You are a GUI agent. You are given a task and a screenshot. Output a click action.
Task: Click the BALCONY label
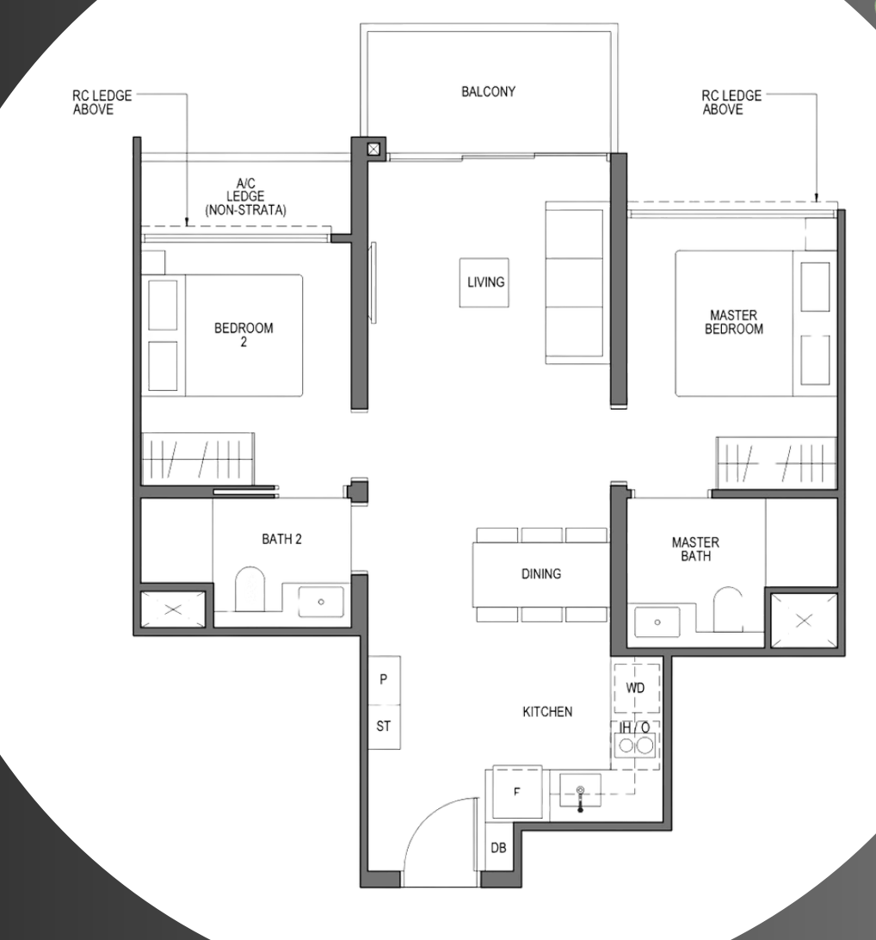(x=488, y=92)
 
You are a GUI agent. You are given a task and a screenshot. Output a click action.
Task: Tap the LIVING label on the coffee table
(x=485, y=282)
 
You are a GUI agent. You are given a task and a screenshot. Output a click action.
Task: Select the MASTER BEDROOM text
(x=733, y=322)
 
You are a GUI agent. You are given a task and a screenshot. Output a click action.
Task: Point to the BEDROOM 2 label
(x=244, y=335)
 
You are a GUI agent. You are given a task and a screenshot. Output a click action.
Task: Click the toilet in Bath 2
(x=250, y=589)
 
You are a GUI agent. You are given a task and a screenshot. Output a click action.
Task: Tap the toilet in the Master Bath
(x=727, y=609)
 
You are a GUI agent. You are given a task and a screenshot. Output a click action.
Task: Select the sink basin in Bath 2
(x=321, y=602)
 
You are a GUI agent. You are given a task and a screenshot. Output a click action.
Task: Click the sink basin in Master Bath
(x=657, y=622)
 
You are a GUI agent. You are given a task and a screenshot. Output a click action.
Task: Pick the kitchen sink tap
(x=580, y=799)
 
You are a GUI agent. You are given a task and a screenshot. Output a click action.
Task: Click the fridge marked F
(x=517, y=792)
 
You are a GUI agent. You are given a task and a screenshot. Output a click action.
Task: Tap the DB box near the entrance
(x=498, y=848)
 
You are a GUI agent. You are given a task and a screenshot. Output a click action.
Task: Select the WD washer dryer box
(x=636, y=688)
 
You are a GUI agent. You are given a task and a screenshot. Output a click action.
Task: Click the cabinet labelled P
(x=384, y=679)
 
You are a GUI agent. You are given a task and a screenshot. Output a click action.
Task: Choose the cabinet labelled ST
(x=384, y=726)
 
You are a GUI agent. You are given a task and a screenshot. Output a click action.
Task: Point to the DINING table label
(x=541, y=573)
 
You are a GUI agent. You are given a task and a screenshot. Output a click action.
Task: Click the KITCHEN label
(x=547, y=712)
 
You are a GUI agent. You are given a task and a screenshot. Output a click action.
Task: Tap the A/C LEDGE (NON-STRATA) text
(x=245, y=196)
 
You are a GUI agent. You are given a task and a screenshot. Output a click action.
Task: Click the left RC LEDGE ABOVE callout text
(x=102, y=102)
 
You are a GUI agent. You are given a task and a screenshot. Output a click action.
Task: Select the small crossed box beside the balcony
(x=373, y=149)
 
